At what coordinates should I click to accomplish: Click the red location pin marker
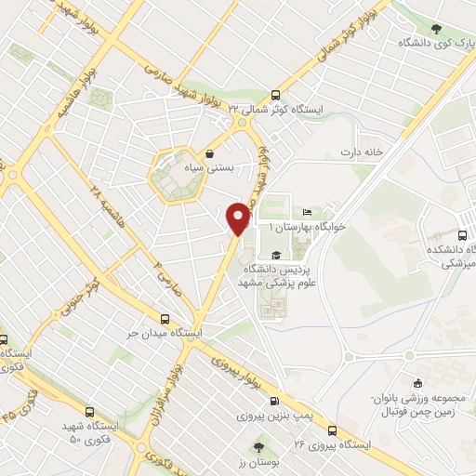tap(239, 218)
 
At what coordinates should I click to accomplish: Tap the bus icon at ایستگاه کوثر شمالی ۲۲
tap(274, 95)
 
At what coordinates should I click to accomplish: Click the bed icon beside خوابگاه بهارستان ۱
tap(307, 214)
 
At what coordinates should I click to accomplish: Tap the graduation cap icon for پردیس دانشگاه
tap(275, 254)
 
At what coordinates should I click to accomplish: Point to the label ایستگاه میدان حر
tap(170, 332)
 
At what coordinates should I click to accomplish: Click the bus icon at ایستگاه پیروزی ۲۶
tap(332, 430)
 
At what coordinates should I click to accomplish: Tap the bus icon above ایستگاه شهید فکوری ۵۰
tap(89, 412)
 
